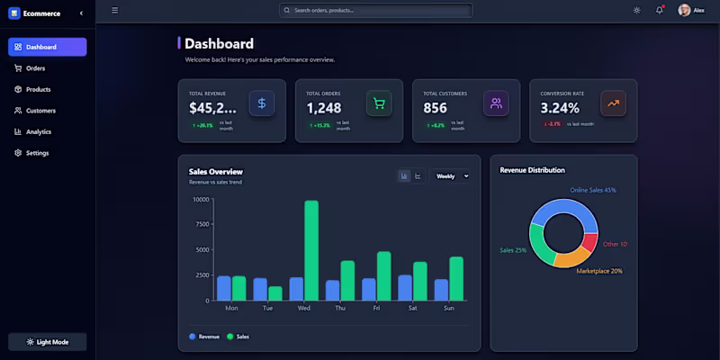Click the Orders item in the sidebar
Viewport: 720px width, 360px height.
click(x=35, y=68)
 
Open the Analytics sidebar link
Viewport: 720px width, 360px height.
click(x=38, y=132)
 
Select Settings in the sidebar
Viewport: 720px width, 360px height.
click(x=37, y=153)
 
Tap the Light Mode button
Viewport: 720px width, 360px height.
click(x=48, y=342)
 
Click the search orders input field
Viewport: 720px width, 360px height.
click(x=375, y=11)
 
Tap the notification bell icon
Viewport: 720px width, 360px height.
click(x=659, y=11)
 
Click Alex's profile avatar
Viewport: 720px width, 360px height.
click(x=685, y=11)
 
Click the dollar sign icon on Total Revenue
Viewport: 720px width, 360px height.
click(x=262, y=103)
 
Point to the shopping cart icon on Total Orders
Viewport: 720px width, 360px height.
click(x=379, y=103)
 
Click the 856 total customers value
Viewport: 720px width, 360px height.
click(x=436, y=108)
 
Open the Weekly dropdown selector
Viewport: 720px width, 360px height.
click(x=452, y=176)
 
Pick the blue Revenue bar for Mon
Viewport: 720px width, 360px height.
click(x=224, y=288)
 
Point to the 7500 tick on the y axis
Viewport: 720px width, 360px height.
click(x=201, y=224)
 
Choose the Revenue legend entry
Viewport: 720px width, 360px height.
click(x=204, y=337)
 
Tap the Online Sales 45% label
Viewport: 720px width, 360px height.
click(x=593, y=191)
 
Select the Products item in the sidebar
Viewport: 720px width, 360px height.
click(x=38, y=90)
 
